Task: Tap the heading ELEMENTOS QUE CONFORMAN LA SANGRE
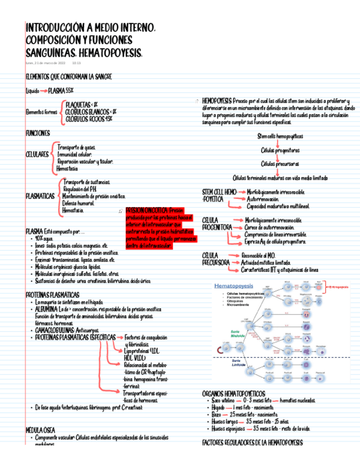[x=69, y=76]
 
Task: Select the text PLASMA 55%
[x=61, y=90]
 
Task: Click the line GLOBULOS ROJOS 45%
[x=89, y=118]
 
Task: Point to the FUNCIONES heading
[x=38, y=134]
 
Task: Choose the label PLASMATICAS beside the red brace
[x=40, y=196]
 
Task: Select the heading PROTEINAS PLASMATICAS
[x=53, y=295]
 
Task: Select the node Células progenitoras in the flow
[x=280, y=149]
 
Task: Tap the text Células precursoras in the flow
[x=280, y=164]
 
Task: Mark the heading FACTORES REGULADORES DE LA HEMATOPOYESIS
[x=252, y=442]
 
